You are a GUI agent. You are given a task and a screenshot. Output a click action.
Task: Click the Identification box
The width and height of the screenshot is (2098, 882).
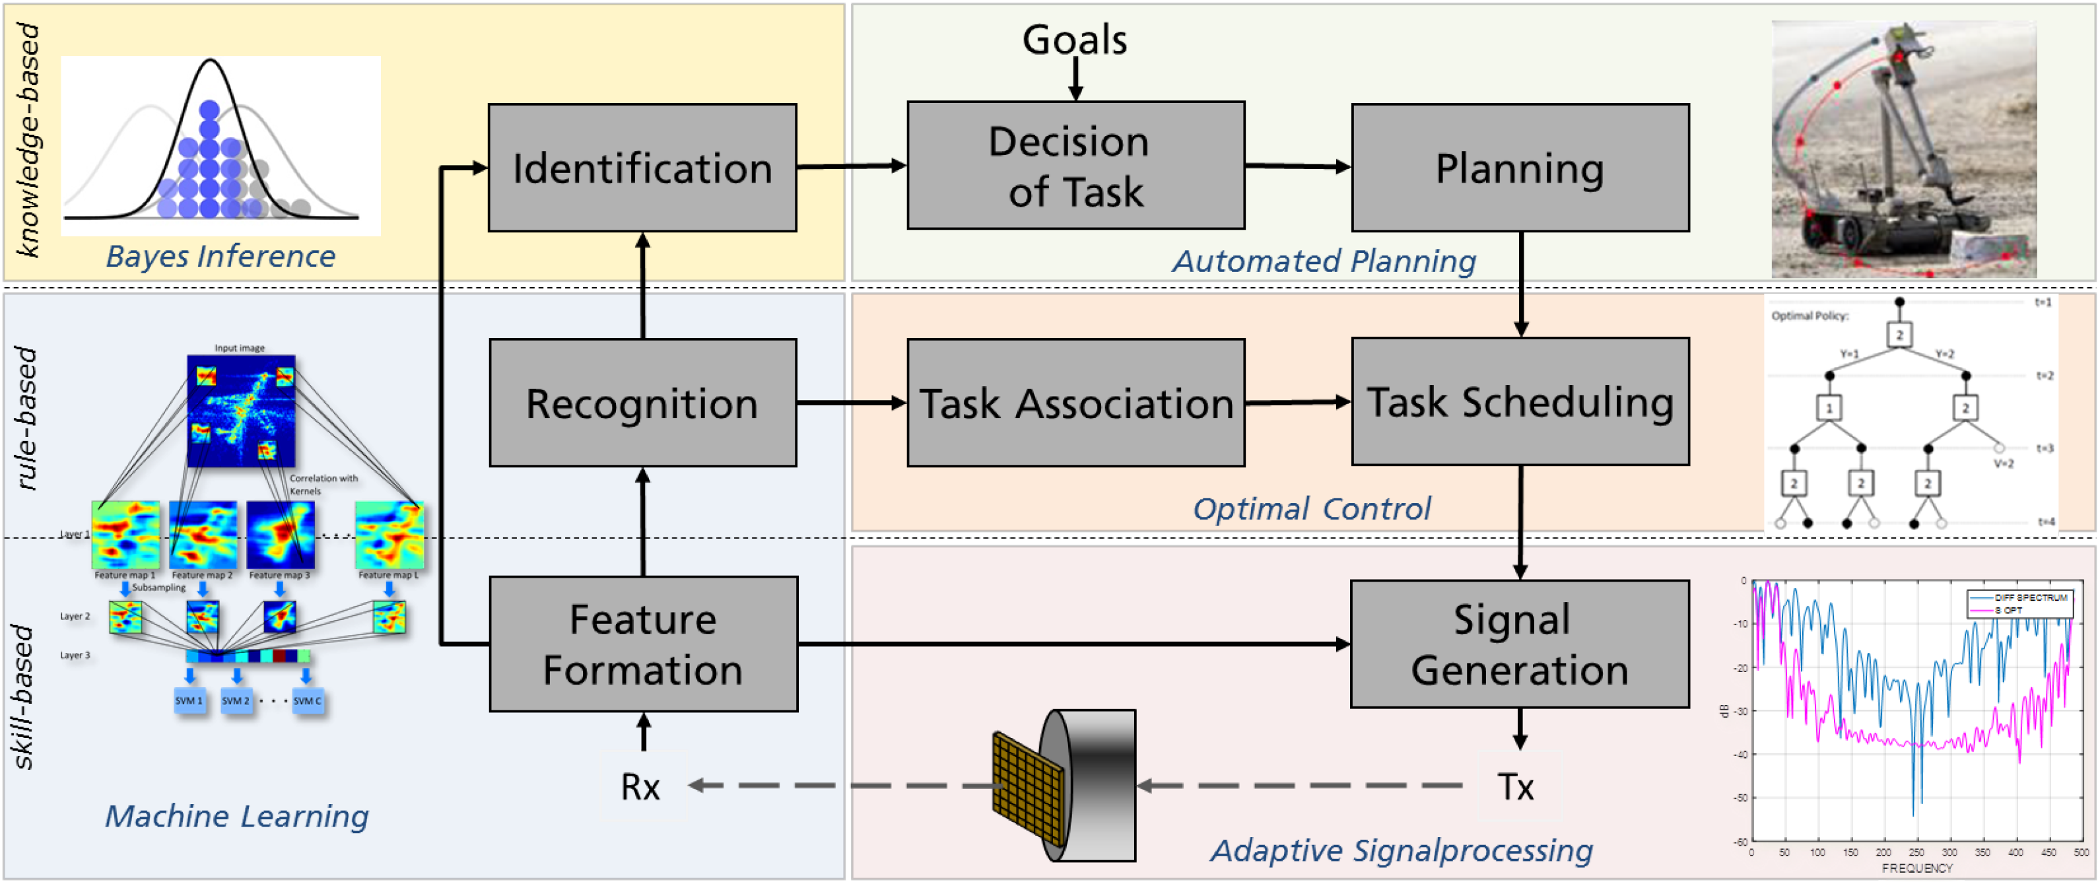click(642, 168)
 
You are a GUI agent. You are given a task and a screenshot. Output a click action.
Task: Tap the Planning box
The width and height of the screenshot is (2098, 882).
click(1520, 168)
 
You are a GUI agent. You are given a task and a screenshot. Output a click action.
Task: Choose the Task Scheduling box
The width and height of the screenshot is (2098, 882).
click(1520, 401)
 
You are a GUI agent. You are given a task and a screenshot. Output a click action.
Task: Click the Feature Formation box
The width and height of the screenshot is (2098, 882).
click(642, 644)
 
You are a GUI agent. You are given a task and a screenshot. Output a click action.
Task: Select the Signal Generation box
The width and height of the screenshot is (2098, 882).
click(1519, 644)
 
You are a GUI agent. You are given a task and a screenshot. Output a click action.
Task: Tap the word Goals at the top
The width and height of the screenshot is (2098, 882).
click(1074, 39)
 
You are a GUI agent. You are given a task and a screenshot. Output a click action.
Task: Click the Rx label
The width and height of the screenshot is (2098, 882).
click(640, 787)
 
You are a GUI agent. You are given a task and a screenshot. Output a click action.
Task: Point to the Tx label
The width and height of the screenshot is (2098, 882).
click(1516, 787)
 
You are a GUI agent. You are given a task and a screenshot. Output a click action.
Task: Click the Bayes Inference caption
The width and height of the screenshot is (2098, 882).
click(220, 257)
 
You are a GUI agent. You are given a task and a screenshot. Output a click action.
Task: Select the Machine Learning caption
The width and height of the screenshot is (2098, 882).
click(236, 816)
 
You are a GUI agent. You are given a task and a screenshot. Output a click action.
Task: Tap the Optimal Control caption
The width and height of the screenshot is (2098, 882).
click(1311, 509)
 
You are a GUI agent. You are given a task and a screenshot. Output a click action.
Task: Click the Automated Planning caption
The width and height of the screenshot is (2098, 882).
click(1324, 261)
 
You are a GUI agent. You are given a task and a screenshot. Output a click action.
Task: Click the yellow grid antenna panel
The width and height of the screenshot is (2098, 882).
click(1028, 788)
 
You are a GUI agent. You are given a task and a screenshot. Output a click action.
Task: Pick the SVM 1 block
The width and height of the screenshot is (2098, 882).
click(189, 700)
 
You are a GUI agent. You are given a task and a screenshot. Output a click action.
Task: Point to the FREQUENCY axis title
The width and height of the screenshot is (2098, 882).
click(1916, 868)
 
